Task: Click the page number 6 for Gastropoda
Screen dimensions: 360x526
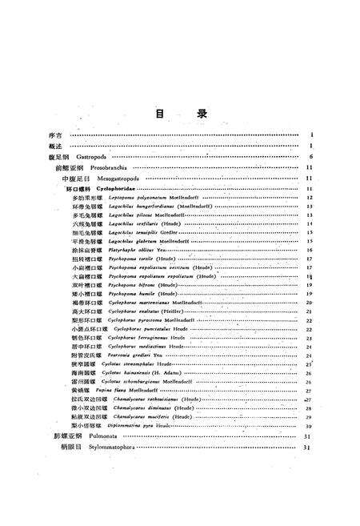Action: point(309,157)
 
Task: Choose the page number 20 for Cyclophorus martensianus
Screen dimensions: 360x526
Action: point(308,303)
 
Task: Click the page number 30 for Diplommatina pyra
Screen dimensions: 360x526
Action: point(308,426)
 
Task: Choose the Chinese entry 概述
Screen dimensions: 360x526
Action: point(54,147)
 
